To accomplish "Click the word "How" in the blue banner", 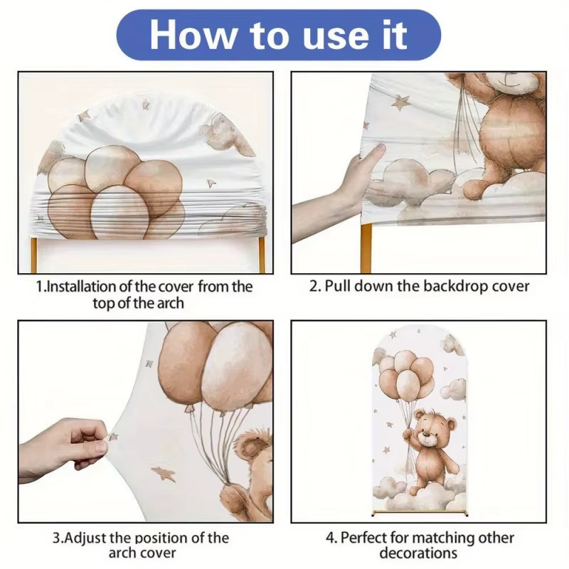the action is click(192, 34).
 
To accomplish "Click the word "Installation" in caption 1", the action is click(81, 287).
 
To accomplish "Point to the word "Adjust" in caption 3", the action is click(85, 538).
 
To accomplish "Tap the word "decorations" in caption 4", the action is click(418, 553).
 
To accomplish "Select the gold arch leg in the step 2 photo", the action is click(366, 248).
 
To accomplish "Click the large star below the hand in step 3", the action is click(164, 474).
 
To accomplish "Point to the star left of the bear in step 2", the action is click(400, 102).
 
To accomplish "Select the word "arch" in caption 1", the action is click(169, 304).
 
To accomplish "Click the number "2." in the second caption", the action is click(315, 287).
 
